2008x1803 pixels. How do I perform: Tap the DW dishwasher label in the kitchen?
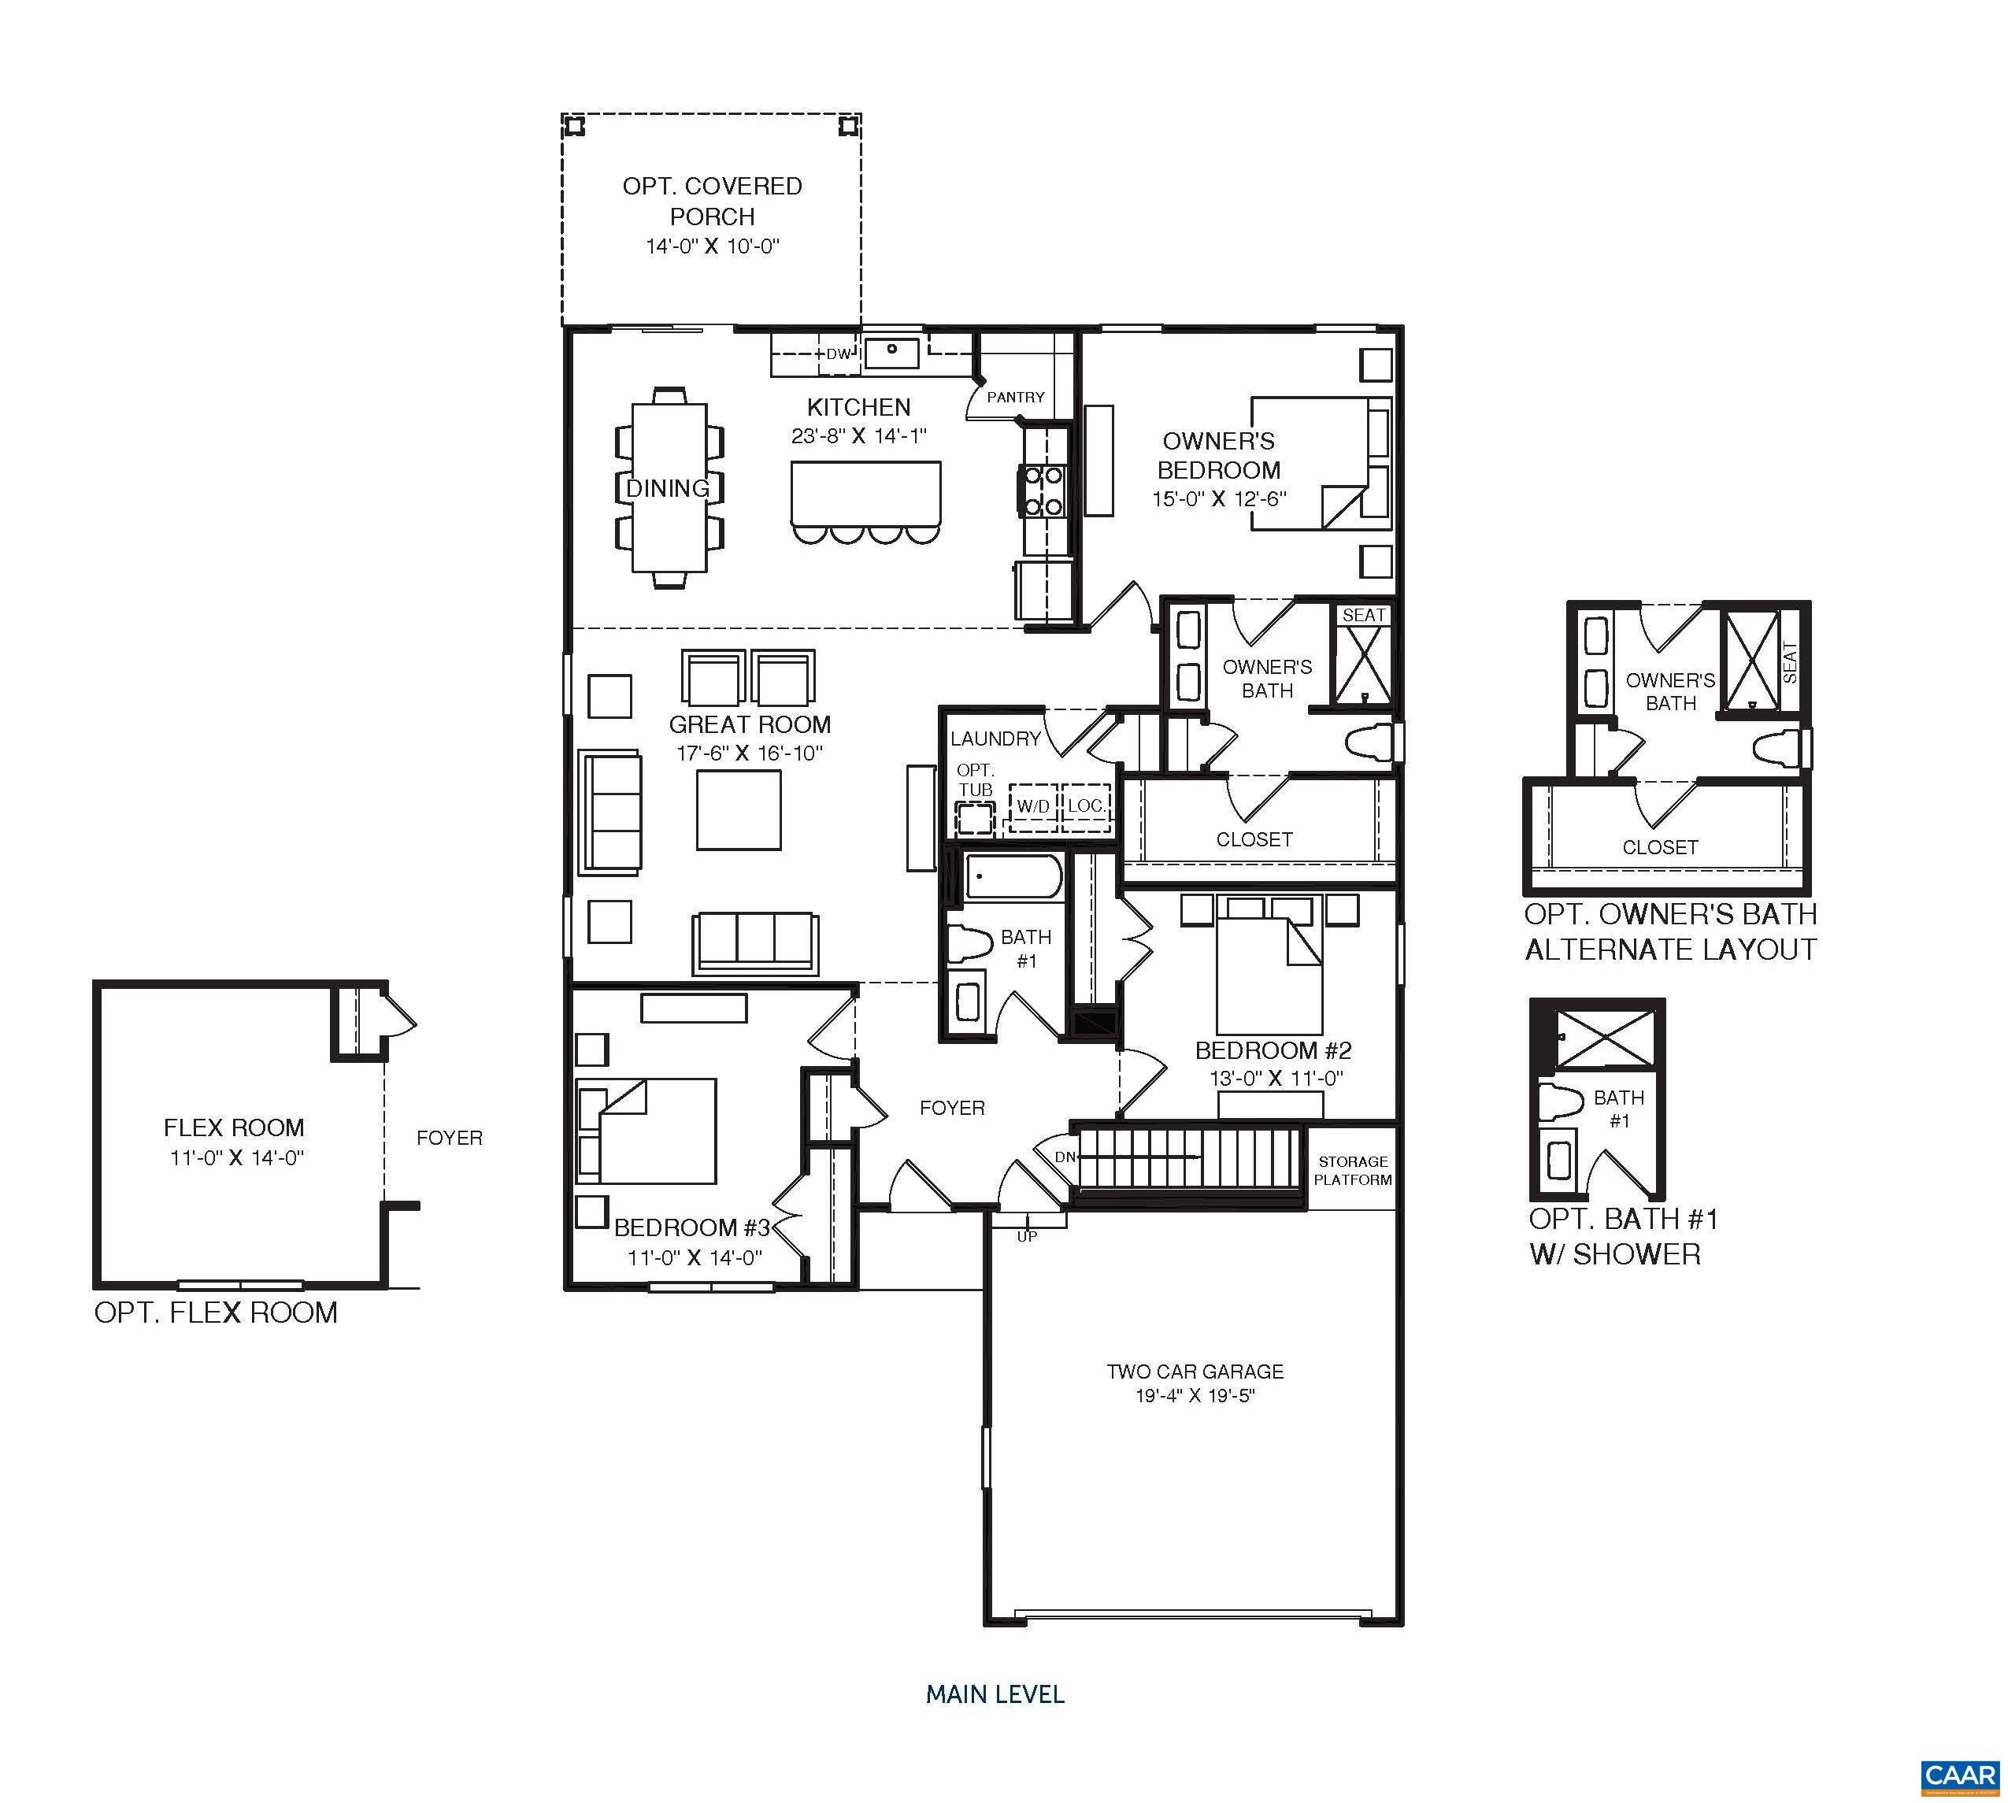[838, 354]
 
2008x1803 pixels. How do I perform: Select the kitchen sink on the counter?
[891, 350]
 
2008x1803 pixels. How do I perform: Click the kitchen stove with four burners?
[1042, 491]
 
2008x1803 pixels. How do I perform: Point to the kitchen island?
[866, 494]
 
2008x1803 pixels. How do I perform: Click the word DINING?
[668, 487]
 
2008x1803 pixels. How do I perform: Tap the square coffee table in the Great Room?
[738, 809]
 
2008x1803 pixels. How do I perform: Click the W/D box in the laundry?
[1032, 806]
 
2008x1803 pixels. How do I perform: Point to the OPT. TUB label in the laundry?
[975, 779]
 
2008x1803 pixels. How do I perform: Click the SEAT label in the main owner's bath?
[1363, 615]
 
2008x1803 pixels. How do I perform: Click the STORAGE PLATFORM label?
[1352, 1170]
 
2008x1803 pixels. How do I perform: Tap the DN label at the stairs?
[1064, 1156]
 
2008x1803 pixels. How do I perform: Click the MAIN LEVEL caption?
[995, 1694]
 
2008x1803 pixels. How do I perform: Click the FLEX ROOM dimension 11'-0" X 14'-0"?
[235, 1157]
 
